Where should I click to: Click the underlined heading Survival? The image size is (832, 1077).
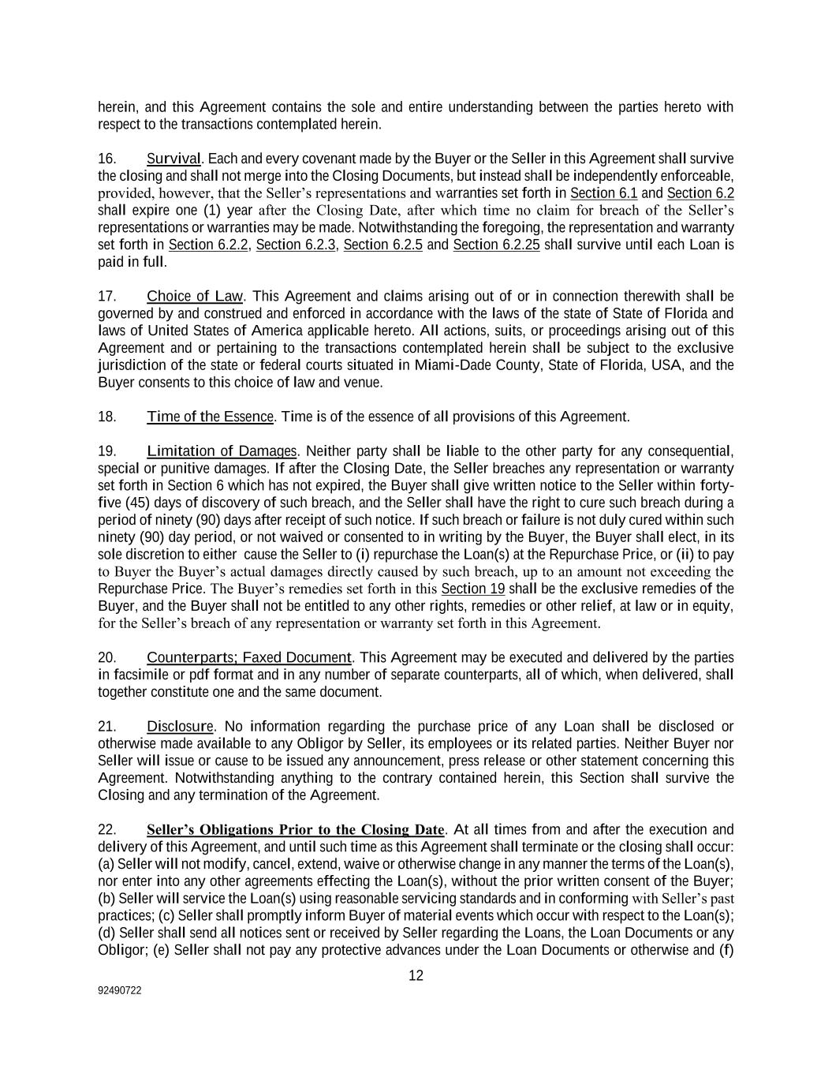pyautogui.click(x=173, y=159)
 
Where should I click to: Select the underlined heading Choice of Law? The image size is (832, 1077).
pyautogui.click(x=195, y=297)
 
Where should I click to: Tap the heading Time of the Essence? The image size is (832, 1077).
pyautogui.click(x=210, y=417)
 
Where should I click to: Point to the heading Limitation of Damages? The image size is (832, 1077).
pyautogui.click(x=222, y=451)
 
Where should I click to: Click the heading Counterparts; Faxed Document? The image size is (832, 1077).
pyautogui.click(x=248, y=657)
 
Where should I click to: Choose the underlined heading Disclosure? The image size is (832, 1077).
pyautogui.click(x=180, y=726)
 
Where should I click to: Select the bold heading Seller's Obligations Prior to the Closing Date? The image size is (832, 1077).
pyautogui.click(x=296, y=830)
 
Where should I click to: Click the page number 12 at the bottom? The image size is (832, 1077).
pyautogui.click(x=416, y=976)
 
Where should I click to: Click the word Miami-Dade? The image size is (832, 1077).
pyautogui.click(x=431, y=365)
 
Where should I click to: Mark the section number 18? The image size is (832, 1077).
pyautogui.click(x=107, y=417)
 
